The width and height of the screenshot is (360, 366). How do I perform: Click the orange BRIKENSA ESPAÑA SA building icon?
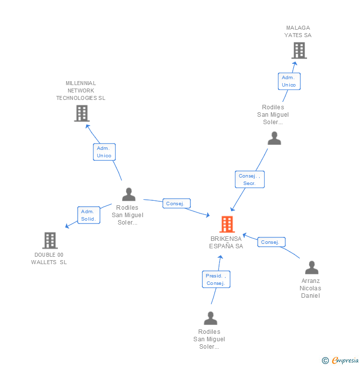click(227, 225)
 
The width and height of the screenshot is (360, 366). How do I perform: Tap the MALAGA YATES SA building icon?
click(299, 50)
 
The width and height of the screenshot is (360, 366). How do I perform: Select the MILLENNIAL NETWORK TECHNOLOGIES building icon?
click(82, 113)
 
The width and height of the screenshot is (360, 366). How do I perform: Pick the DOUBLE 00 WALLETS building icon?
click(50, 240)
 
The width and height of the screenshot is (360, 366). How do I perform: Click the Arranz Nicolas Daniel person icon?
click(312, 268)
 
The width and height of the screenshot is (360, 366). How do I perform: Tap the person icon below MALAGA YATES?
click(274, 138)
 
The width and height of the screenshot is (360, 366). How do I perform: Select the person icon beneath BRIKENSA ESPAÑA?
click(211, 318)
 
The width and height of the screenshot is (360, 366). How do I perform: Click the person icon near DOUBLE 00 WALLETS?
click(129, 194)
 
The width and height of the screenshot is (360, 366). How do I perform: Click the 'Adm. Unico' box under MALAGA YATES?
click(289, 81)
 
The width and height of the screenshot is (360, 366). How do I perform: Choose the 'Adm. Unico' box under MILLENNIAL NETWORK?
click(104, 152)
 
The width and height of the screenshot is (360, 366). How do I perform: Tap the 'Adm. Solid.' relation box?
click(89, 215)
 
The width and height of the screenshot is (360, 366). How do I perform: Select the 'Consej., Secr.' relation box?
click(249, 180)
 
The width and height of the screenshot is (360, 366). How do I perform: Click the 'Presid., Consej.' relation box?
click(216, 279)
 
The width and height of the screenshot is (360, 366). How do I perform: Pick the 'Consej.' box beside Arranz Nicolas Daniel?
click(271, 242)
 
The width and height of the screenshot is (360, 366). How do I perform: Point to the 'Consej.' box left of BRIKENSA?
click(176, 204)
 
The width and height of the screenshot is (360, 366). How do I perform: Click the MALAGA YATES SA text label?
click(298, 32)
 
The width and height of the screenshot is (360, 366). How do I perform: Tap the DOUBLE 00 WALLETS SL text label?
click(49, 259)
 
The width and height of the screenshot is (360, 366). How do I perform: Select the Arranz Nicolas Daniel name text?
click(311, 288)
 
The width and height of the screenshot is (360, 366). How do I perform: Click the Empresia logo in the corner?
click(345, 361)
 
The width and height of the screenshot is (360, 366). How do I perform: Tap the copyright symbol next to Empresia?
click(325, 361)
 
